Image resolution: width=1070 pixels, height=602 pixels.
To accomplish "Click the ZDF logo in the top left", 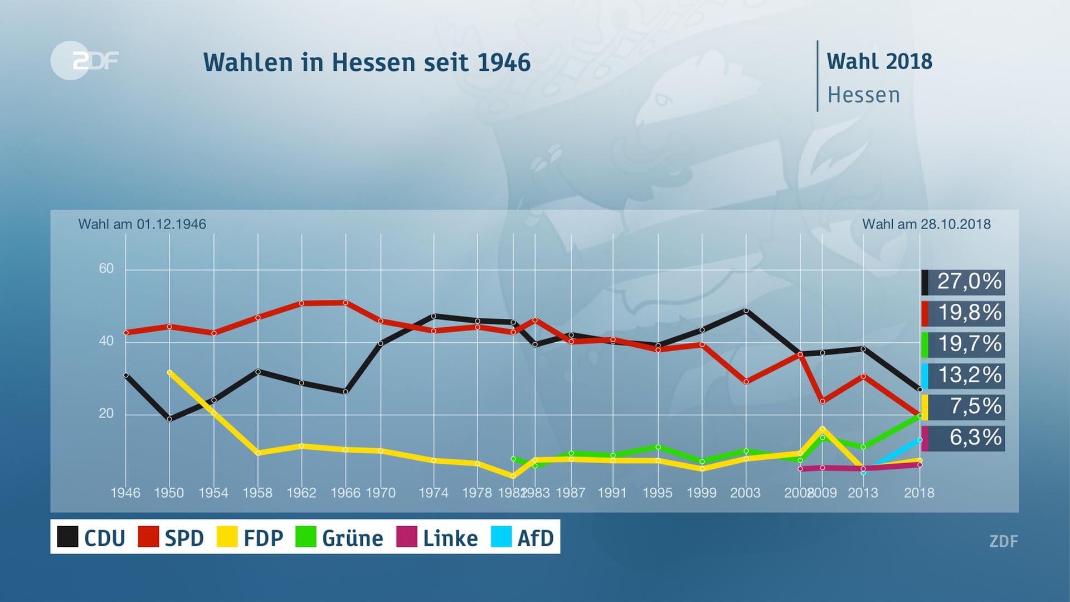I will point(85,60).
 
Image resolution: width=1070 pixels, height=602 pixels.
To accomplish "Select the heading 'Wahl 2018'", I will point(879,61).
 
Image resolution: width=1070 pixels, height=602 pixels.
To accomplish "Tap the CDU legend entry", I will point(91,537).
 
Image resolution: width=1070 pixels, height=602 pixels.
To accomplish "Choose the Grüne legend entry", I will point(339,537).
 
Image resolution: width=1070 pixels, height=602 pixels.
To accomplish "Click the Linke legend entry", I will point(437,537).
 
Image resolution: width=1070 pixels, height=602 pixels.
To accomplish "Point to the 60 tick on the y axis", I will point(106,269).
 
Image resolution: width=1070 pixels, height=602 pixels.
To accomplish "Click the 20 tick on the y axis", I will point(106,414).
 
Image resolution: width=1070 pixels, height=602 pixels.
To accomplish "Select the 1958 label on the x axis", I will point(257,493).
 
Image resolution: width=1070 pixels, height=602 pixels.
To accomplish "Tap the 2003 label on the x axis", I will point(745,493).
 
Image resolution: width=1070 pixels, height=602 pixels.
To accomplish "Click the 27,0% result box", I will point(963,281).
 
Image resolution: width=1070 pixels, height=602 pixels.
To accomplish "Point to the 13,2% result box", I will point(963,375).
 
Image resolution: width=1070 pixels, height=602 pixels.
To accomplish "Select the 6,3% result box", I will point(963,438).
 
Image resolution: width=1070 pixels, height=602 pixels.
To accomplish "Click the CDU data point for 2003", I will point(746,310).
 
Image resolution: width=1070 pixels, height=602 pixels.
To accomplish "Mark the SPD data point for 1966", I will point(346,303).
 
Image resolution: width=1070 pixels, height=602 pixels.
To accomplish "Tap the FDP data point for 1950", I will point(169,372).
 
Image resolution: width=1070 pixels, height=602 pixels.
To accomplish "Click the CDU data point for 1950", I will point(169,419).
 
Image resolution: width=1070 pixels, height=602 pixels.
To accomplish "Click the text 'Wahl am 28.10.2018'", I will point(926,224).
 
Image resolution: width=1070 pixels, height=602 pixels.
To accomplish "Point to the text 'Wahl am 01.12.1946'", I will point(142,224).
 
